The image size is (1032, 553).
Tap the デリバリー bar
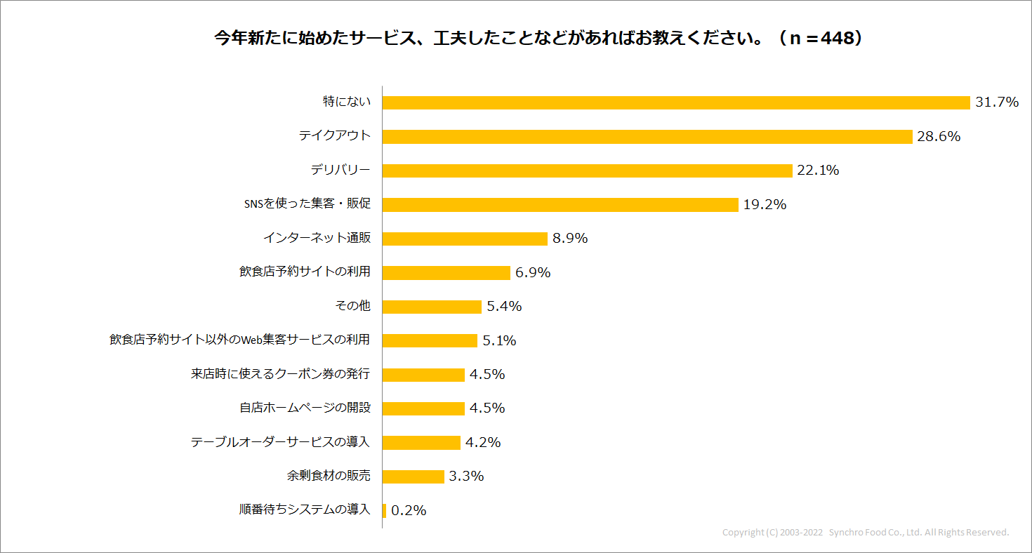click(x=587, y=171)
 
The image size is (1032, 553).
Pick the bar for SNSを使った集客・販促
click(x=560, y=204)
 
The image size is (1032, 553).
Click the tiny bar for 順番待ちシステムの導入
click(x=385, y=510)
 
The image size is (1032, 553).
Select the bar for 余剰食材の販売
click(x=414, y=477)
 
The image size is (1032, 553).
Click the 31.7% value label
click(x=996, y=102)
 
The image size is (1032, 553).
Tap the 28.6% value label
click(x=939, y=137)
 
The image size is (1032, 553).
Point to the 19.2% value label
click(x=765, y=205)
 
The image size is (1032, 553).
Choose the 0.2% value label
click(x=409, y=511)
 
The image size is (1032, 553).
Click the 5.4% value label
click(x=504, y=307)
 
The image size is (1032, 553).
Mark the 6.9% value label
click(x=533, y=273)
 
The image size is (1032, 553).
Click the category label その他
click(x=353, y=307)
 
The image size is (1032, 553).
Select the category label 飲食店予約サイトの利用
click(x=305, y=272)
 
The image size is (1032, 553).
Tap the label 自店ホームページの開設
click(x=305, y=408)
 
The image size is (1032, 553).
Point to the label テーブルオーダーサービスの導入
click(x=280, y=442)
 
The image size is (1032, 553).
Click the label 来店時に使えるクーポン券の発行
click(x=280, y=374)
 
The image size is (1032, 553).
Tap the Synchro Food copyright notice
click(x=865, y=533)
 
